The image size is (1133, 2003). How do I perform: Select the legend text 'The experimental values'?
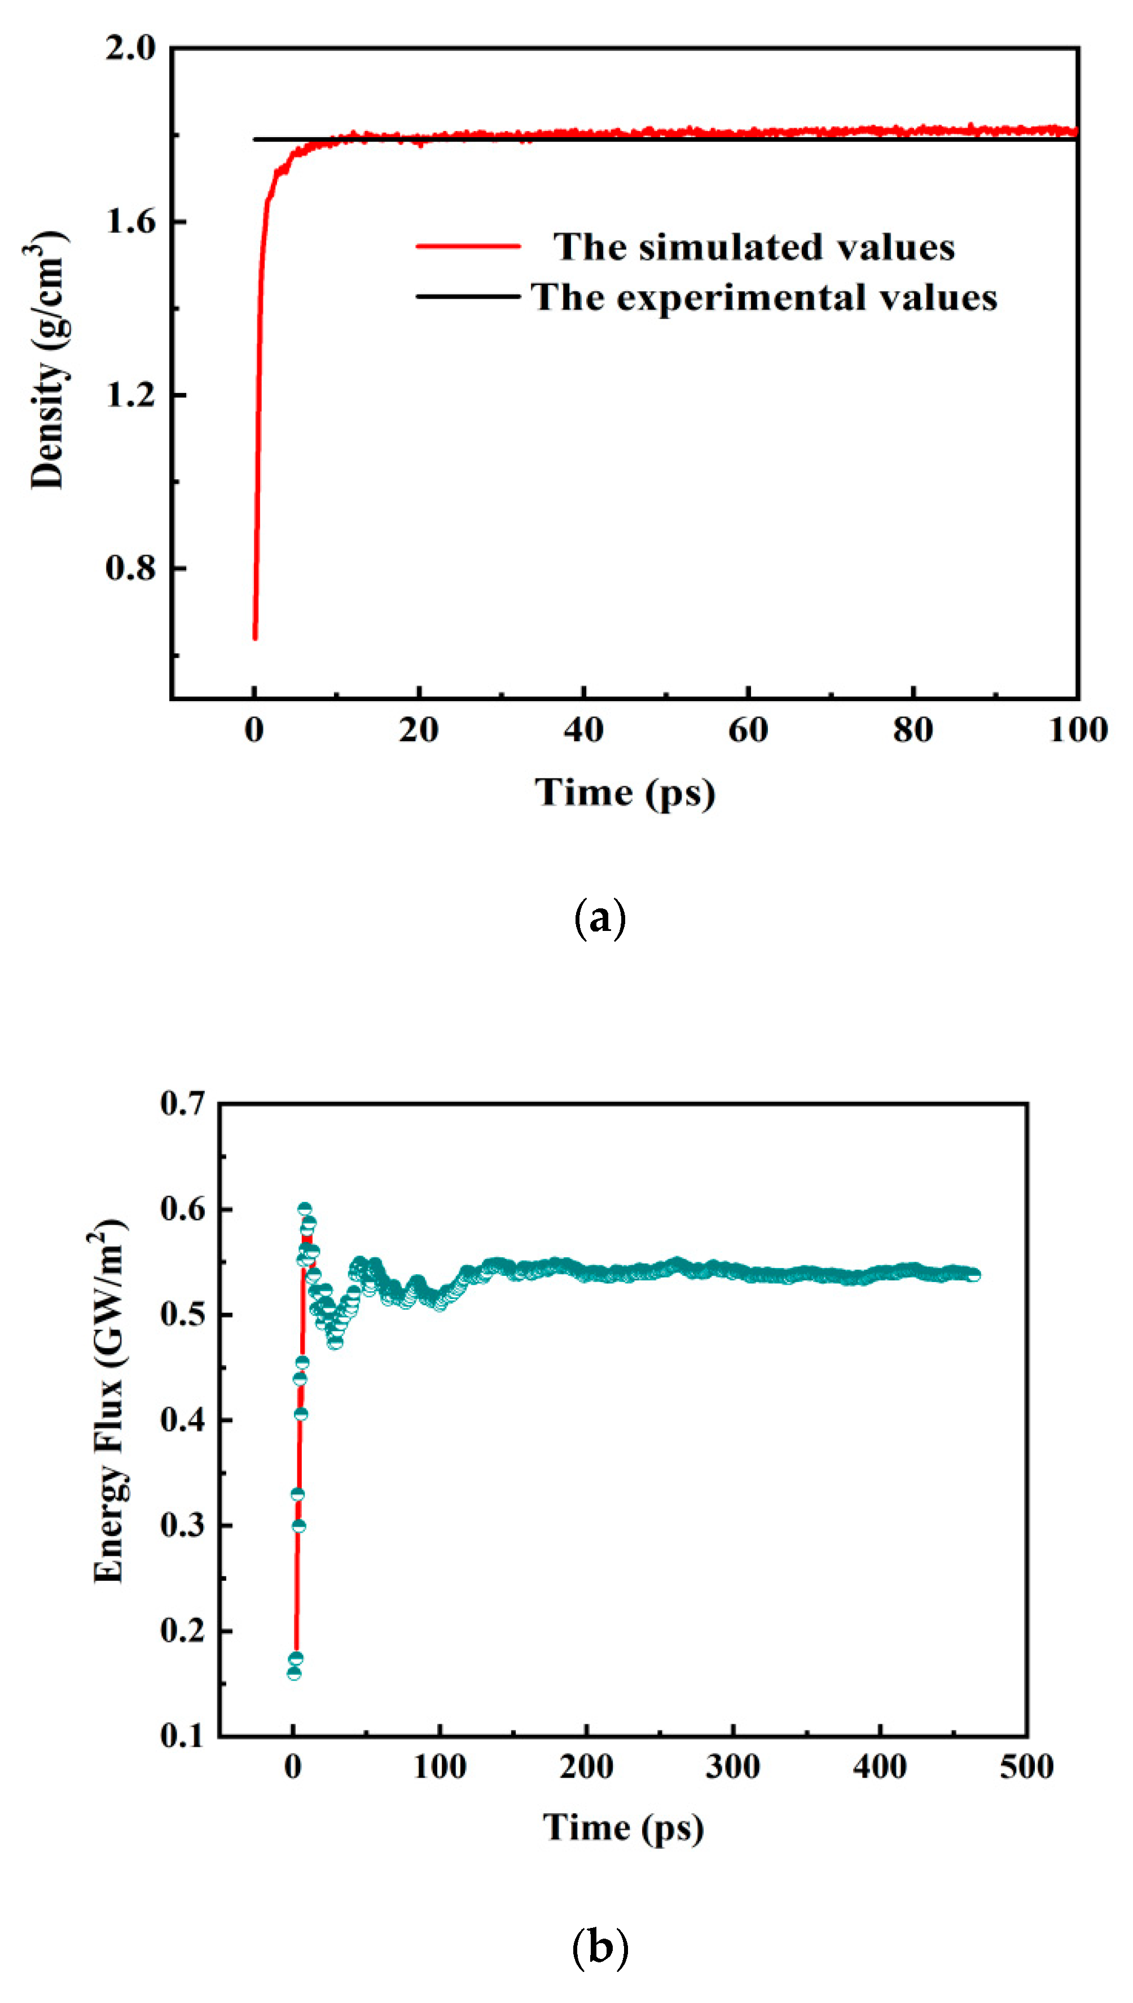click(764, 298)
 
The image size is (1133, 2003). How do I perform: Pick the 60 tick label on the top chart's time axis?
click(748, 730)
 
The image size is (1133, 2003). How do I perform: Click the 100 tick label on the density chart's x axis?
click(1078, 730)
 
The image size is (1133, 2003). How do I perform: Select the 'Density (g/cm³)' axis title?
click(49, 360)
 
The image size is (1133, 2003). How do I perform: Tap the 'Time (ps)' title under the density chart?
click(625, 793)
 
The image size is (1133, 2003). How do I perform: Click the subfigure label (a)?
click(599, 920)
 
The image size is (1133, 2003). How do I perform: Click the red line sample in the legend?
click(468, 247)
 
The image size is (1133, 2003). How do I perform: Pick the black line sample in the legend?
click(468, 296)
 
